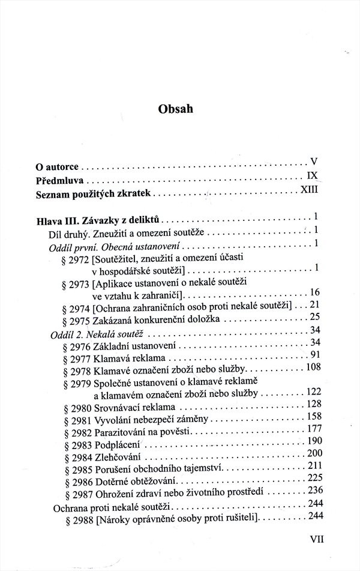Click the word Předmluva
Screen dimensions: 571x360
tap(59, 179)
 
